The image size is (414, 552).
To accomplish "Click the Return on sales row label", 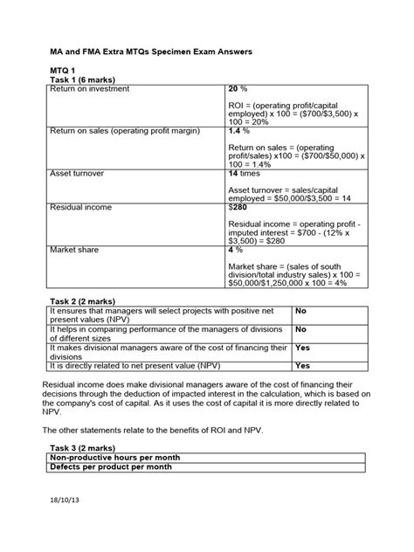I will point(125,130).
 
